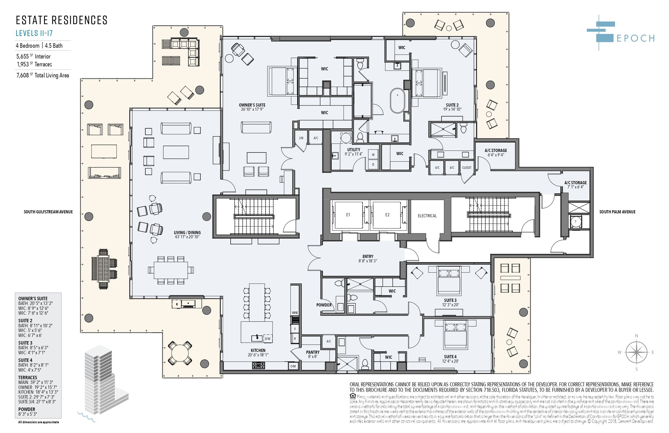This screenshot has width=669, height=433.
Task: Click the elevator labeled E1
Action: (348, 215)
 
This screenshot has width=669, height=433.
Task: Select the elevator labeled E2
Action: (387, 215)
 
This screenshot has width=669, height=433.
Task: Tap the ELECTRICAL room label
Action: (427, 216)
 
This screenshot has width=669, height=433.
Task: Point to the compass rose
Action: (636, 352)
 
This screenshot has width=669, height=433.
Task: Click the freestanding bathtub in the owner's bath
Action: (398, 101)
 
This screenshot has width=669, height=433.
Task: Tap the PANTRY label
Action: (313, 352)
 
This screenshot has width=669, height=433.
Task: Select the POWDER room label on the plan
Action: (324, 305)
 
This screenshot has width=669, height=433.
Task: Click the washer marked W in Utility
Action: (373, 154)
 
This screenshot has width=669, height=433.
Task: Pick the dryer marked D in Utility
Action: (373, 164)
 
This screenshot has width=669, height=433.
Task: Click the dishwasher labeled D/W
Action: (267, 339)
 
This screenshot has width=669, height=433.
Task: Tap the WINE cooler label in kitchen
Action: (295, 313)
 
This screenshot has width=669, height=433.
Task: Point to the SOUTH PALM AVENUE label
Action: (617, 212)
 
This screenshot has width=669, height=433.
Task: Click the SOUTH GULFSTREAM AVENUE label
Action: (48, 212)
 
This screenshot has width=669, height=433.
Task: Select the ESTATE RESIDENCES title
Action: (62, 20)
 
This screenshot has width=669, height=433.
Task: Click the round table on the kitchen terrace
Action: (180, 353)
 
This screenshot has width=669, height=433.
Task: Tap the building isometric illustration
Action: (104, 380)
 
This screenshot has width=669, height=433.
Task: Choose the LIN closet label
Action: (301, 138)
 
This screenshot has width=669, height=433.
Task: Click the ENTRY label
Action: (368, 257)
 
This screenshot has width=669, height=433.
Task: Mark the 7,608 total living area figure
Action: (23, 75)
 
